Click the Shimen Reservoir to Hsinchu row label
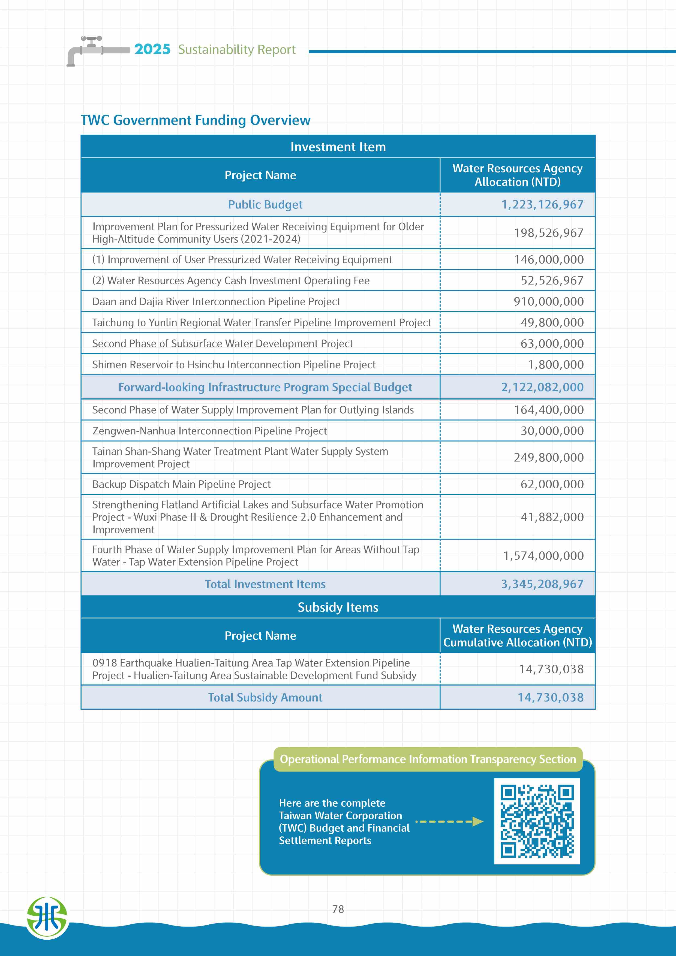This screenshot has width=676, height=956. pyautogui.click(x=234, y=365)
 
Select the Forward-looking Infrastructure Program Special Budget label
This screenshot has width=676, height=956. pyautogui.click(x=265, y=387)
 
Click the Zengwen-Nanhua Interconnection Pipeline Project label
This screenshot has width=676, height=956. pyautogui.click(x=209, y=431)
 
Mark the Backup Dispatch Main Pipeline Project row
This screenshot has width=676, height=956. pyautogui.click(x=182, y=484)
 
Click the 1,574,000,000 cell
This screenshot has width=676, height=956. pyautogui.click(x=543, y=556)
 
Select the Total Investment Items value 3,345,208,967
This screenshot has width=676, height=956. pyautogui.click(x=542, y=584)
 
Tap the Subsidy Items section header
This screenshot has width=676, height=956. pyautogui.click(x=338, y=607)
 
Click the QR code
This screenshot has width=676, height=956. pyautogui.click(x=537, y=821)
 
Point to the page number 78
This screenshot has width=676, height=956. pyautogui.click(x=338, y=909)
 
